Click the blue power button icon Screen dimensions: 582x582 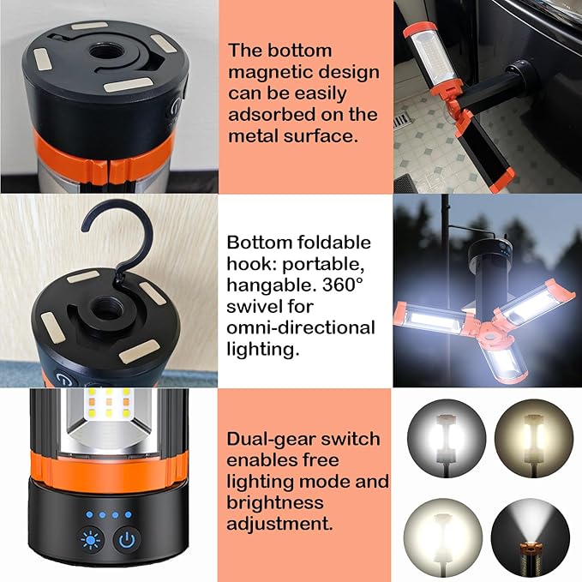126,542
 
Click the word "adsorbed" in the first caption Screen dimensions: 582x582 269,114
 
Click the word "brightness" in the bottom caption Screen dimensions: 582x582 274,502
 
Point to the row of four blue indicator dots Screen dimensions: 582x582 107,516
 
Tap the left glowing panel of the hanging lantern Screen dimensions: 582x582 433,321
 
